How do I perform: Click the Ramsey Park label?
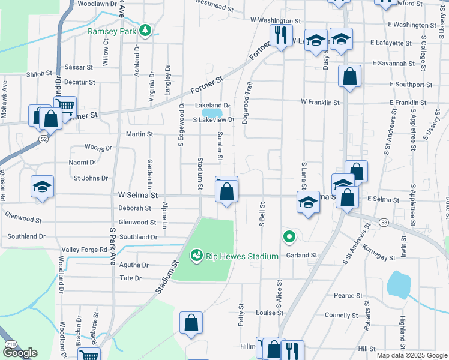coord(112,31)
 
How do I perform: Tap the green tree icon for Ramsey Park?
coord(144,29)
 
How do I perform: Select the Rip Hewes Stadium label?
coord(242,257)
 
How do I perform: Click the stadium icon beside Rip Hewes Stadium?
coord(196,256)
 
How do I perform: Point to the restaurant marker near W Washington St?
coord(280,35)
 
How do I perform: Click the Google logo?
coord(20,353)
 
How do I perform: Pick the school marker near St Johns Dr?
coord(42,187)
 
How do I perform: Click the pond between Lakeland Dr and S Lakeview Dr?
coord(212,112)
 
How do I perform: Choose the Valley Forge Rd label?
coord(83,250)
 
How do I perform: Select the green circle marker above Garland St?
coord(289,238)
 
